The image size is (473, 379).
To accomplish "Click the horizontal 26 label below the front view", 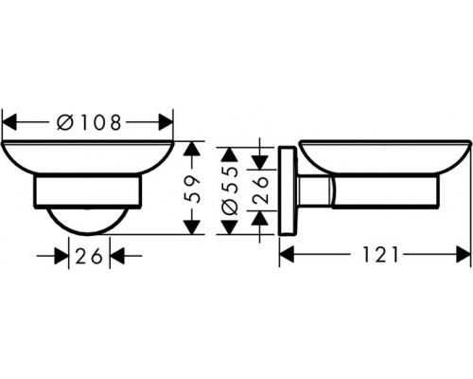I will [x=90, y=255].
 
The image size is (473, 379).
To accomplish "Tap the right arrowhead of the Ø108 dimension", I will [x=167, y=120].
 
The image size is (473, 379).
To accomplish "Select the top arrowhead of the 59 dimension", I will [x=192, y=149].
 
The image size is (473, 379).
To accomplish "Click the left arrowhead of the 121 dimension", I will [x=288, y=254].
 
